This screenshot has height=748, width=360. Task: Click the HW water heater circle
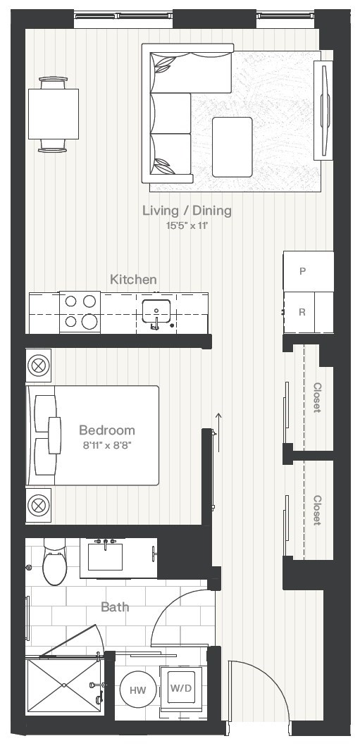click(137, 690)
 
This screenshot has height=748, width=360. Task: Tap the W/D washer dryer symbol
click(181, 688)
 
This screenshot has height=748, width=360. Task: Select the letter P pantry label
click(302, 271)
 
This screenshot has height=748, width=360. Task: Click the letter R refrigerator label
click(302, 313)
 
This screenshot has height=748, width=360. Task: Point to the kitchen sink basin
click(156, 311)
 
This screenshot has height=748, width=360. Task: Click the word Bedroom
click(107, 430)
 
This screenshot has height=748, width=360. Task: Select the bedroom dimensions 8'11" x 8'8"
click(107, 446)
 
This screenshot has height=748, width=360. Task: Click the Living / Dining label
click(187, 211)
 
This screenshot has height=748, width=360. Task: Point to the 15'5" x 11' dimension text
click(187, 225)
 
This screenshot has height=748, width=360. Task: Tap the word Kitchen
click(133, 279)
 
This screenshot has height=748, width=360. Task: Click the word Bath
click(115, 607)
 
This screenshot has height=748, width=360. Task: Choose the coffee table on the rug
click(232, 147)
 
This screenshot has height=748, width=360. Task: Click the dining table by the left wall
click(54, 114)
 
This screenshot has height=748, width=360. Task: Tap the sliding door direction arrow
click(219, 432)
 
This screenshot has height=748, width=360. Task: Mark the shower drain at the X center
click(64, 685)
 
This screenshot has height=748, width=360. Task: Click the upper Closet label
click(317, 397)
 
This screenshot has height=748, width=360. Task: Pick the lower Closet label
click(317, 510)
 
